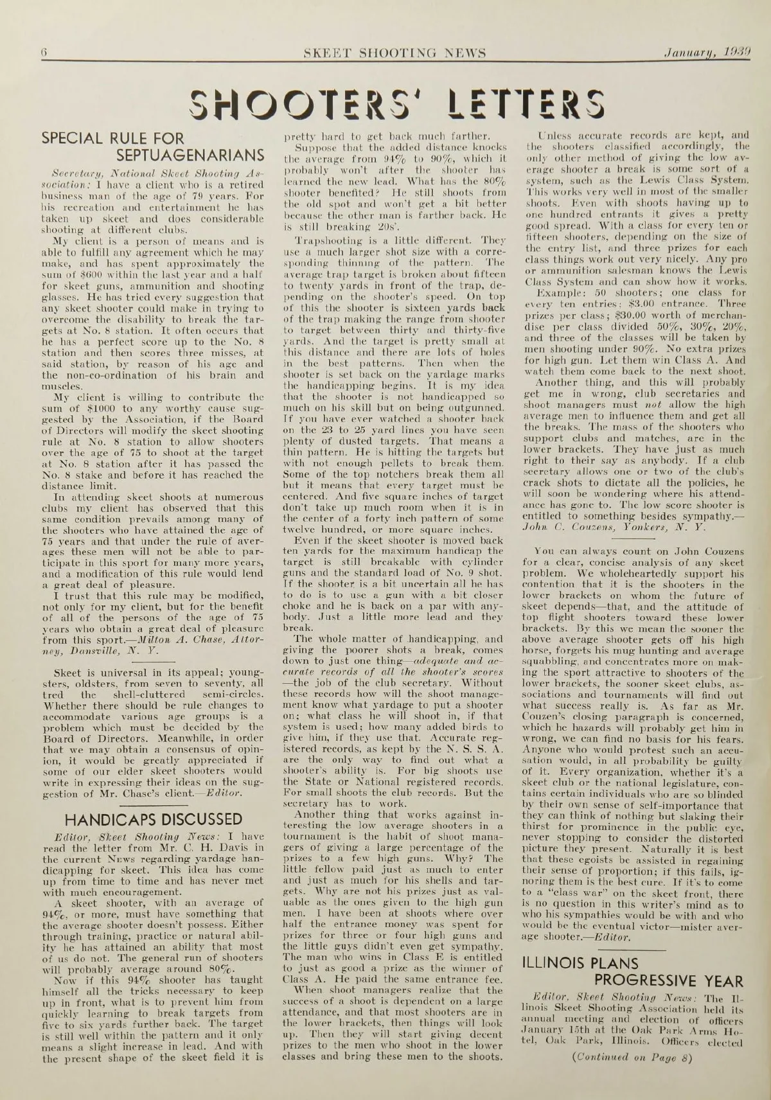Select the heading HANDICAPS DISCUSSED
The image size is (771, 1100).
point(154,820)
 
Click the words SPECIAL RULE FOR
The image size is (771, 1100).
point(112,137)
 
